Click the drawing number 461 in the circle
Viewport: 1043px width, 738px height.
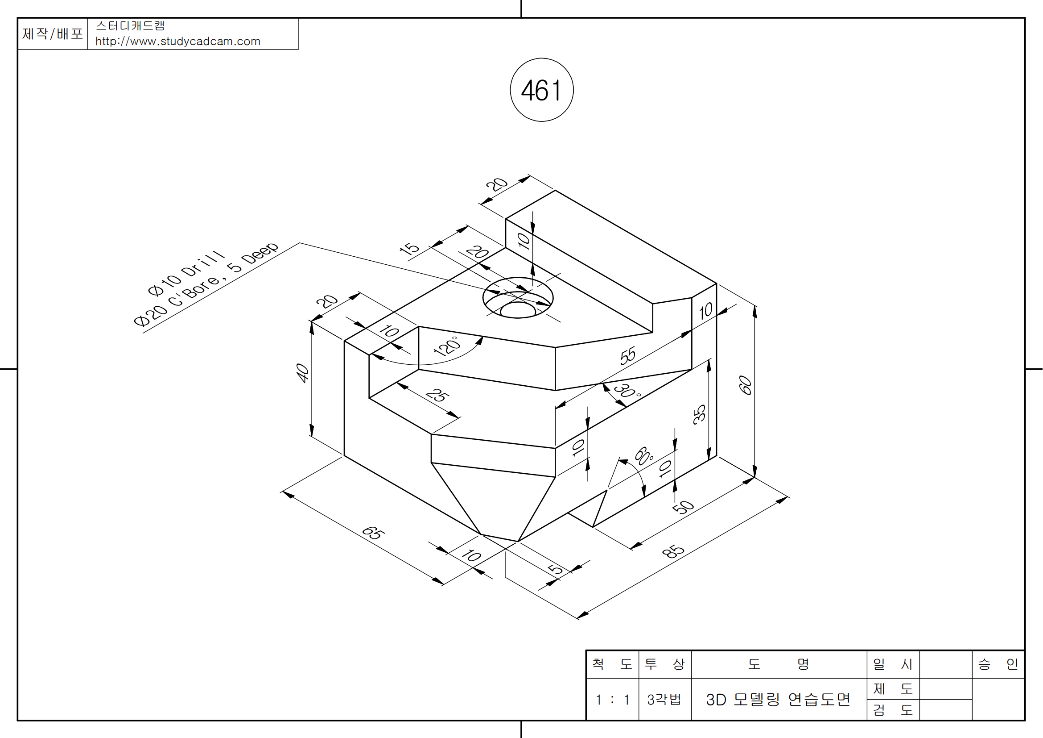(x=541, y=90)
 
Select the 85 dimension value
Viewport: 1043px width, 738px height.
(x=673, y=551)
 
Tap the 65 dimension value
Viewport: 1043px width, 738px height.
(x=373, y=533)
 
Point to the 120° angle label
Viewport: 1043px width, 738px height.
(x=447, y=346)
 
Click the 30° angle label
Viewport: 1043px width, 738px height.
(x=627, y=390)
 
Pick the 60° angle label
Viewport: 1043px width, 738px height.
(x=644, y=456)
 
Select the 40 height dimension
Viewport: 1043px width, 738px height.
(x=302, y=373)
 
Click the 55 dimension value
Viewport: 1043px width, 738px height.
(x=628, y=356)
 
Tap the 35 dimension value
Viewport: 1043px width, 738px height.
(x=699, y=414)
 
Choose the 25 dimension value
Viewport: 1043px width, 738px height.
(x=438, y=395)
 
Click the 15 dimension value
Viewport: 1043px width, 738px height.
(x=409, y=248)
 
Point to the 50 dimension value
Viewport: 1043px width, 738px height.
(x=683, y=507)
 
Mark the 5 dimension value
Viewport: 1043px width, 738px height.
(x=555, y=569)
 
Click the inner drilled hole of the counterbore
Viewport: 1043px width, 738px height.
(x=518, y=311)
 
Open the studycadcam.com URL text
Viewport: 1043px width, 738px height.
(x=177, y=42)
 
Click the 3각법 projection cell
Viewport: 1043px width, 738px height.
(x=664, y=699)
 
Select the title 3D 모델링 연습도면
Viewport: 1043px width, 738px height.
(x=778, y=699)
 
